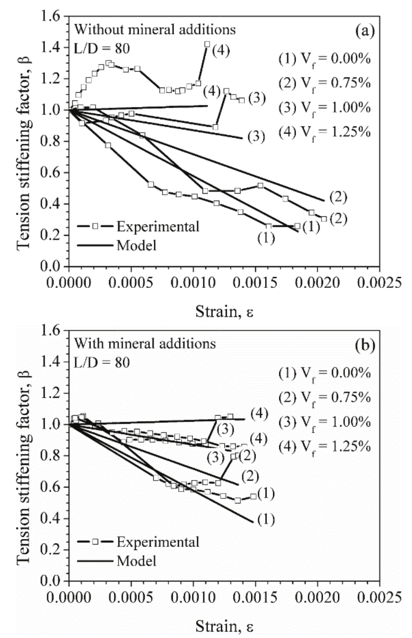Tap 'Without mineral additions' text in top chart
point(155,29)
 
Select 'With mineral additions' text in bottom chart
point(145,344)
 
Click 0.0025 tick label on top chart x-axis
point(380,283)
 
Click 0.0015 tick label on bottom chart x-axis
point(255,597)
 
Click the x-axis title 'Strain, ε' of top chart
point(224,311)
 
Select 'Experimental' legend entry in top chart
point(158,226)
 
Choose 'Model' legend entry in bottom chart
point(137,561)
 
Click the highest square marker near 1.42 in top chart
point(207,44)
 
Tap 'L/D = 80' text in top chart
point(102,48)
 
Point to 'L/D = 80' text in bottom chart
point(102,362)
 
